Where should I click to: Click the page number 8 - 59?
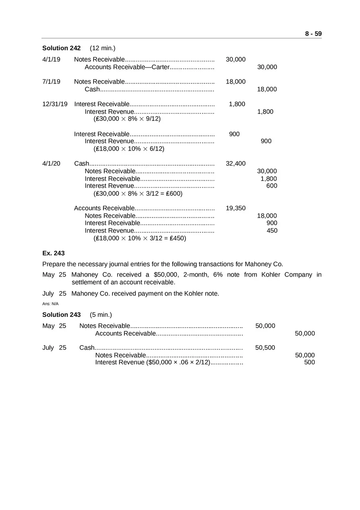pos(313,34)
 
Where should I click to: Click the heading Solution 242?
pos(61,48)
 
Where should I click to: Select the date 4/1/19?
pos(51,60)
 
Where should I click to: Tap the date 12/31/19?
pos(55,104)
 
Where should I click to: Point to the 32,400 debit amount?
pos(236,164)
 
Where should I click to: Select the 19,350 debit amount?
pos(236,208)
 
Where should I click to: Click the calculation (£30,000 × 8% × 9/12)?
pos(127,119)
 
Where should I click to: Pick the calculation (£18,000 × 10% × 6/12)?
pos(129,149)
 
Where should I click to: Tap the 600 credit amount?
pos(271,186)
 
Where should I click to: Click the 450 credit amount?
pos(271,231)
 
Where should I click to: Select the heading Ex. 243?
pos(53,253)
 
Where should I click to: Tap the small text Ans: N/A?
pos(50,304)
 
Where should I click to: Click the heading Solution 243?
pos(61,315)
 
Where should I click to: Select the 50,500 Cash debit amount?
pos(265,348)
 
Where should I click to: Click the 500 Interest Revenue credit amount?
pos(309,363)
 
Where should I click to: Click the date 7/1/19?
pos(51,82)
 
